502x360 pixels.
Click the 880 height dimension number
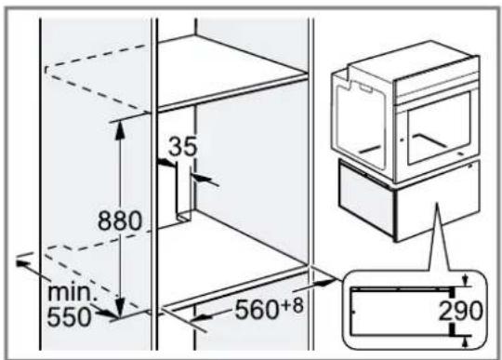(119, 220)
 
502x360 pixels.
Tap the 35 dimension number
(183, 146)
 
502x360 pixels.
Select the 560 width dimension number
(257, 310)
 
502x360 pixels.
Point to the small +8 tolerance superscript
(292, 305)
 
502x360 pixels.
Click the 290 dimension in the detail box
(460, 311)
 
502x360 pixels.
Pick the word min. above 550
(71, 292)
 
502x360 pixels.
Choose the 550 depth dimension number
(69, 316)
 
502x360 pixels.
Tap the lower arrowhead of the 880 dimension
(120, 308)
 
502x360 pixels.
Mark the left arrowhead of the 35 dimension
(166, 163)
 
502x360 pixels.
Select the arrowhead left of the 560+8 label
(201, 318)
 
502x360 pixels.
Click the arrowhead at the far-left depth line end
(24, 263)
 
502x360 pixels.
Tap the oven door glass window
(438, 128)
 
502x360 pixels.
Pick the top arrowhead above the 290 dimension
(465, 280)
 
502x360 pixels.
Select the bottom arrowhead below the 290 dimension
(465, 342)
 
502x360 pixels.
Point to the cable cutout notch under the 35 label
(184, 193)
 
